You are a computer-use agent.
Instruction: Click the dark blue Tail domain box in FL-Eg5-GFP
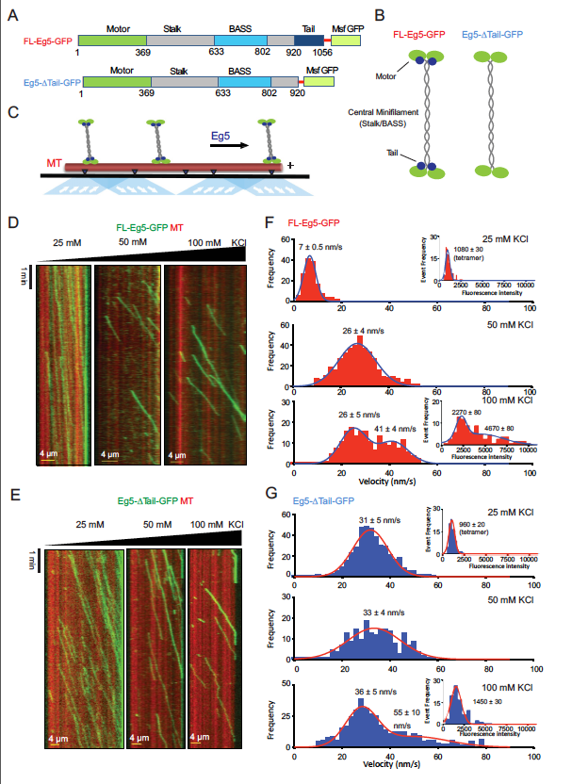tap(308, 41)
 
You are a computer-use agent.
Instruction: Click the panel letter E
tap(12, 494)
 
